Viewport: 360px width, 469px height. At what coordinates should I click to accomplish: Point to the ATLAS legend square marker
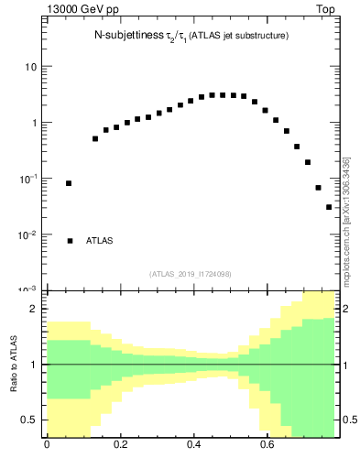(70, 241)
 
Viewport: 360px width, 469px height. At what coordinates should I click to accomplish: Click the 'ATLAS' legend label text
(100, 241)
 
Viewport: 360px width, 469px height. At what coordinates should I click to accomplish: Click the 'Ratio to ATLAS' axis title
(12, 363)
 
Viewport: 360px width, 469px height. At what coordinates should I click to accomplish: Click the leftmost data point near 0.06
(69, 183)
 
